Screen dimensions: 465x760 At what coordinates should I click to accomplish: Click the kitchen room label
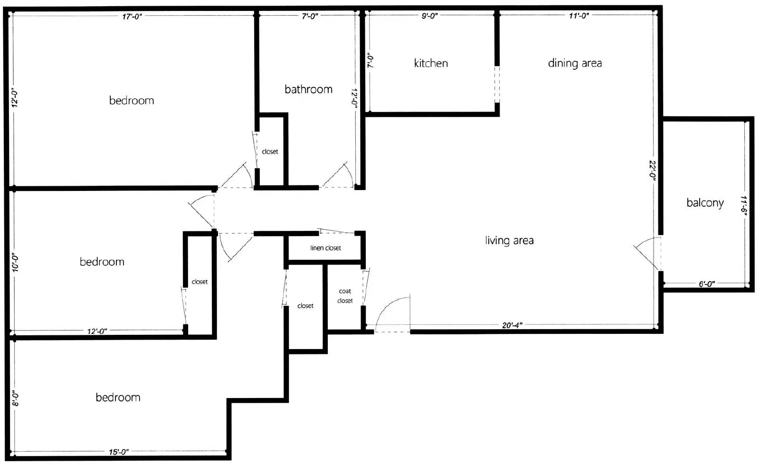click(x=431, y=63)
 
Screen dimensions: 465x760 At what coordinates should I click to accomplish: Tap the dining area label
click(x=575, y=63)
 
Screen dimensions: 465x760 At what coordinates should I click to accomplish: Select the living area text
click(x=509, y=240)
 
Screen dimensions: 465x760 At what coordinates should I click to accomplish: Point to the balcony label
click(x=705, y=203)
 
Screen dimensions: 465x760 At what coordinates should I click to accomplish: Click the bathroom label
click(x=308, y=89)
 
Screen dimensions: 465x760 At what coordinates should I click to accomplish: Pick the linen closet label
click(x=325, y=248)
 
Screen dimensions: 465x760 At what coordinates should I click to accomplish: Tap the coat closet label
click(x=345, y=295)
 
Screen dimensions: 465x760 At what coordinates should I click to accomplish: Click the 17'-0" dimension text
click(x=132, y=17)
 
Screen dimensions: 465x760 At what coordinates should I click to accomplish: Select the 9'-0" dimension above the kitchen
click(x=429, y=16)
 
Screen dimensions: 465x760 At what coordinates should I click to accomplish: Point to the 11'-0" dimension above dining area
click(x=579, y=16)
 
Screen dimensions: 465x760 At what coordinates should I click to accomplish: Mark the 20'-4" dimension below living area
click(x=512, y=325)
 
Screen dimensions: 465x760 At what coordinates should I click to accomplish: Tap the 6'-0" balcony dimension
click(x=706, y=284)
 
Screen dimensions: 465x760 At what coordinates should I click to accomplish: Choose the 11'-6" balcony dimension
click(x=743, y=205)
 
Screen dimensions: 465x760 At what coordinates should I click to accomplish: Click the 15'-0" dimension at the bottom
click(x=118, y=452)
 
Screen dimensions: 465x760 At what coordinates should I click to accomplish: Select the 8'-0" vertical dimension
click(x=16, y=399)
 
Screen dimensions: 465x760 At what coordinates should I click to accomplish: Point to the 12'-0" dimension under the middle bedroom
click(x=97, y=331)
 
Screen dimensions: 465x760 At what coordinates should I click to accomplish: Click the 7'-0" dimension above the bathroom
click(x=310, y=16)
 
